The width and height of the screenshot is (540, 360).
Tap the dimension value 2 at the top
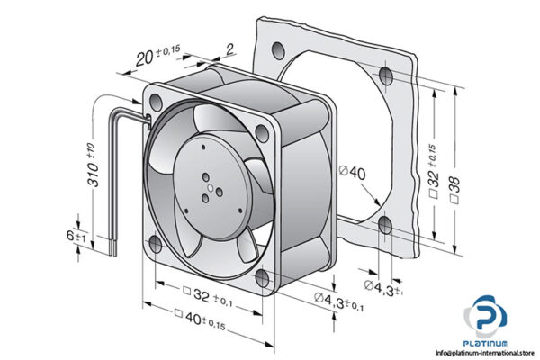point(205,49)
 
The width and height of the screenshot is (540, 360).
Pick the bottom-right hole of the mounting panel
point(386,224)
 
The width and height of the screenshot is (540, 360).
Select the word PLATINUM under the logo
point(487,343)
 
